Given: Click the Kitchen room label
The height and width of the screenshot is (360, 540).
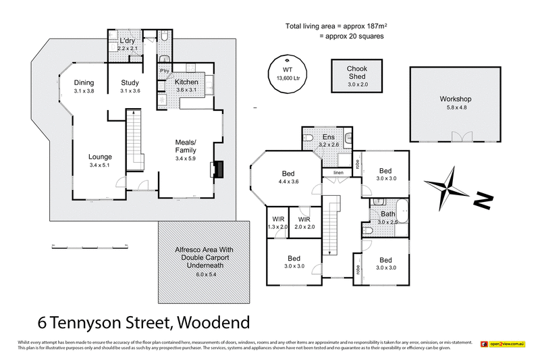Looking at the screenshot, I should click(186, 82).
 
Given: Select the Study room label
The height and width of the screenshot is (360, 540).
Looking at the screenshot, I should click(130, 83).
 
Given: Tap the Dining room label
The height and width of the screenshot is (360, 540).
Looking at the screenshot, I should click(84, 83).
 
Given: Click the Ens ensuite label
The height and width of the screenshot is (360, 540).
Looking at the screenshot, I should click(329, 137).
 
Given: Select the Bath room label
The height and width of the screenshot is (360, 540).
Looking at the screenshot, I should click(388, 214).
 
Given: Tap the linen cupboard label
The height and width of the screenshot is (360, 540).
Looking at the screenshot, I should click(338, 174).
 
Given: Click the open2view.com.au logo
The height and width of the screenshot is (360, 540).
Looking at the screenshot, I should click(503, 344).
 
